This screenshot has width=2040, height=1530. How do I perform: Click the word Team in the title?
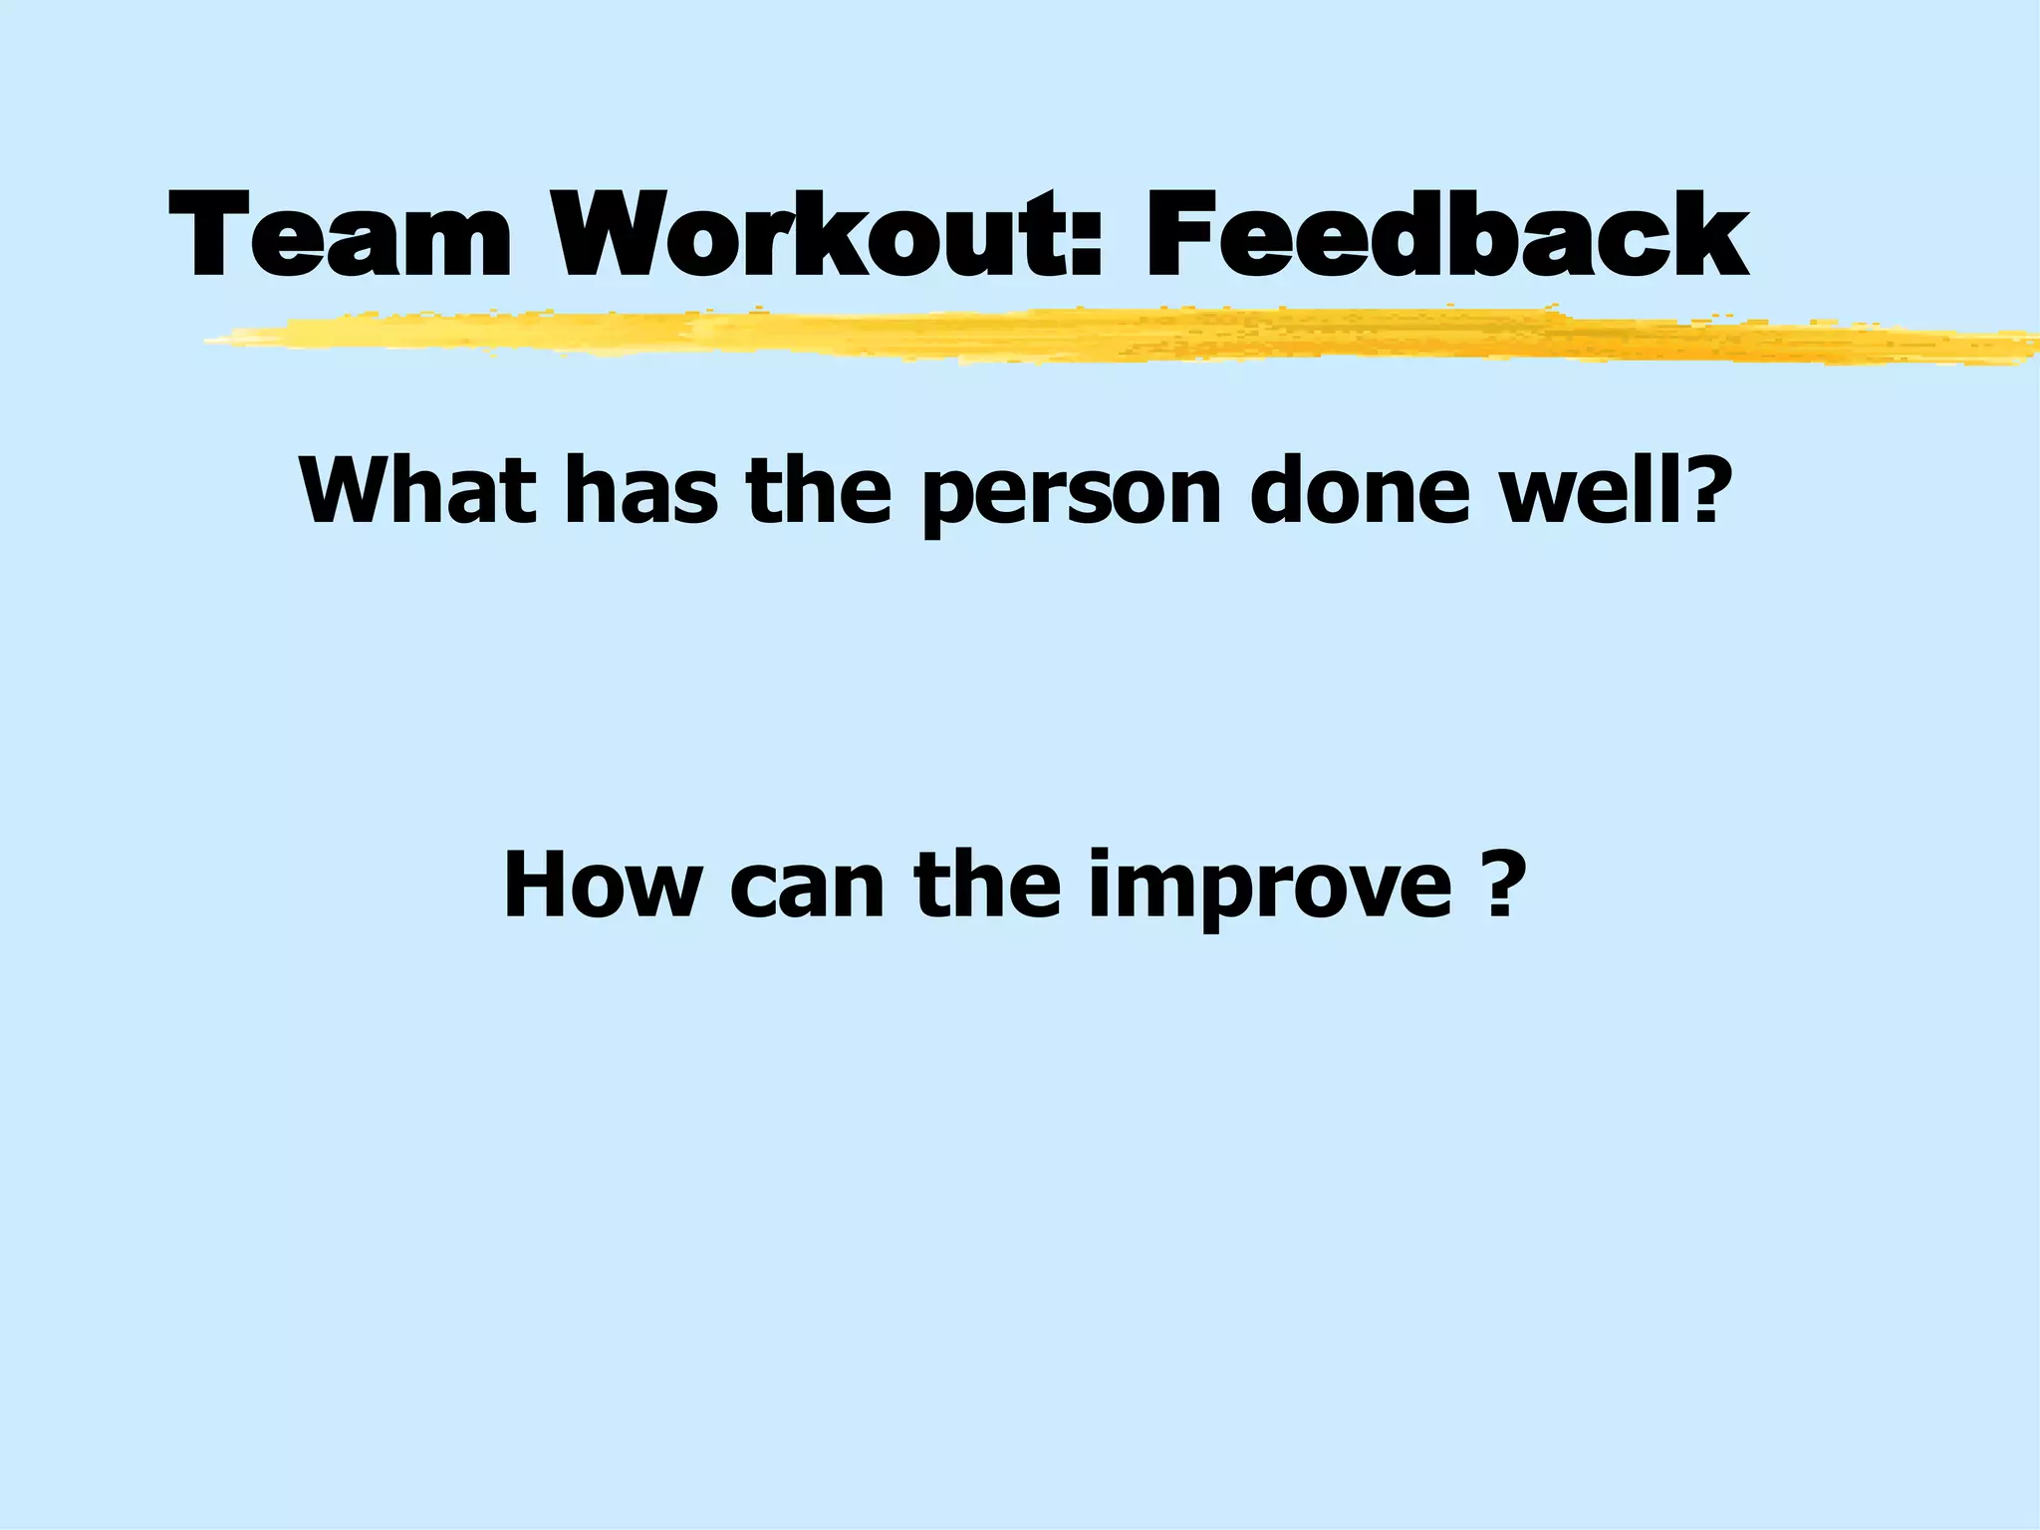pyautogui.click(x=339, y=235)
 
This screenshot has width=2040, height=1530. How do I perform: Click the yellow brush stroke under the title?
pyautogui.click(x=1096, y=336)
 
